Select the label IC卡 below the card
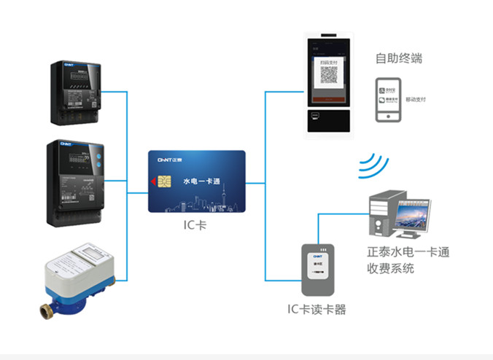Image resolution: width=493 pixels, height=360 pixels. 195,225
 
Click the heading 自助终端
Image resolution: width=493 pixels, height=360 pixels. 398,58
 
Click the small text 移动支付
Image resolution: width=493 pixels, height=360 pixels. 416,100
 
